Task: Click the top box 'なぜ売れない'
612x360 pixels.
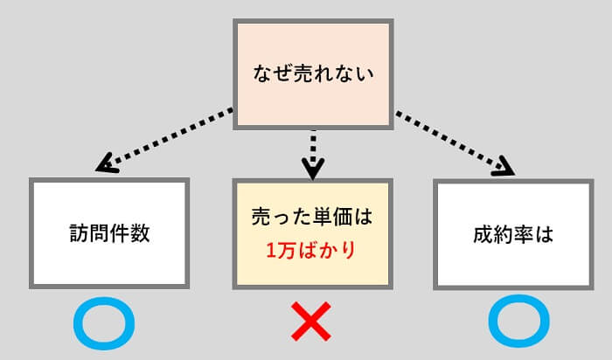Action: [311, 73]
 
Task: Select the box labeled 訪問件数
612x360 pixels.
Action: [109, 233]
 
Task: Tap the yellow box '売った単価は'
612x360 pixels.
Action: [312, 233]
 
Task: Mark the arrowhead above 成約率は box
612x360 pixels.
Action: [504, 168]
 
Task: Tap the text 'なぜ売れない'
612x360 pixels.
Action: [311, 73]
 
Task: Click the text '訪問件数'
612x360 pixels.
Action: [109, 234]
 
